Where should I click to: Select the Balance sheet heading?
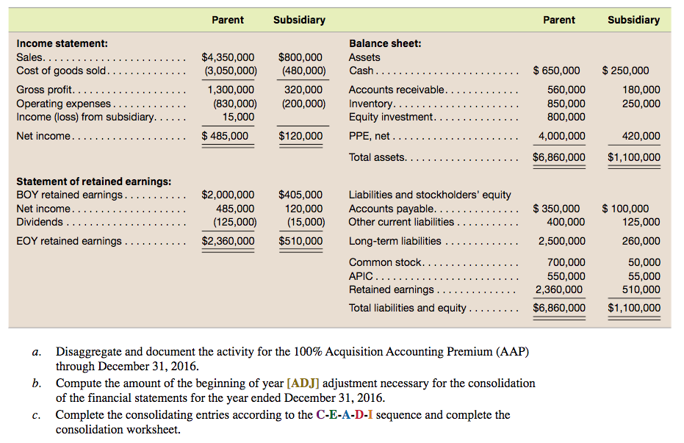coord(385,44)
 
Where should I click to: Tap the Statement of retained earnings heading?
coord(94,181)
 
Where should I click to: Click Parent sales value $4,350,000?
coord(228,57)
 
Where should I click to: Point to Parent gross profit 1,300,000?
coord(231,90)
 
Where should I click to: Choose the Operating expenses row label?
coord(64,104)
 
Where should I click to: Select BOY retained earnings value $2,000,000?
coord(228,195)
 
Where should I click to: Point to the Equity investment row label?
coord(391,117)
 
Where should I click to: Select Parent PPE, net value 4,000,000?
coord(562,136)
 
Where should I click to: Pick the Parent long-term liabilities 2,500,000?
coord(562,241)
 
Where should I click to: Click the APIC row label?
coord(361,276)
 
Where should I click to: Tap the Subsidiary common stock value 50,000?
coord(644,262)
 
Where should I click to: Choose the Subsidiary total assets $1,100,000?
coord(634,157)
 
